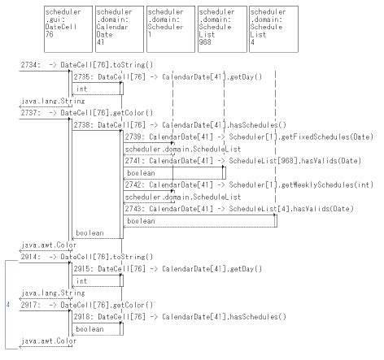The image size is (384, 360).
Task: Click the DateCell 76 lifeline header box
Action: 68,28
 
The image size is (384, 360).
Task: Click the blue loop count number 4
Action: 7,304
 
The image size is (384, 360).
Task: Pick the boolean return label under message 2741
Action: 141,174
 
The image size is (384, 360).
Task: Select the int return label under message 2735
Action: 82,89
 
